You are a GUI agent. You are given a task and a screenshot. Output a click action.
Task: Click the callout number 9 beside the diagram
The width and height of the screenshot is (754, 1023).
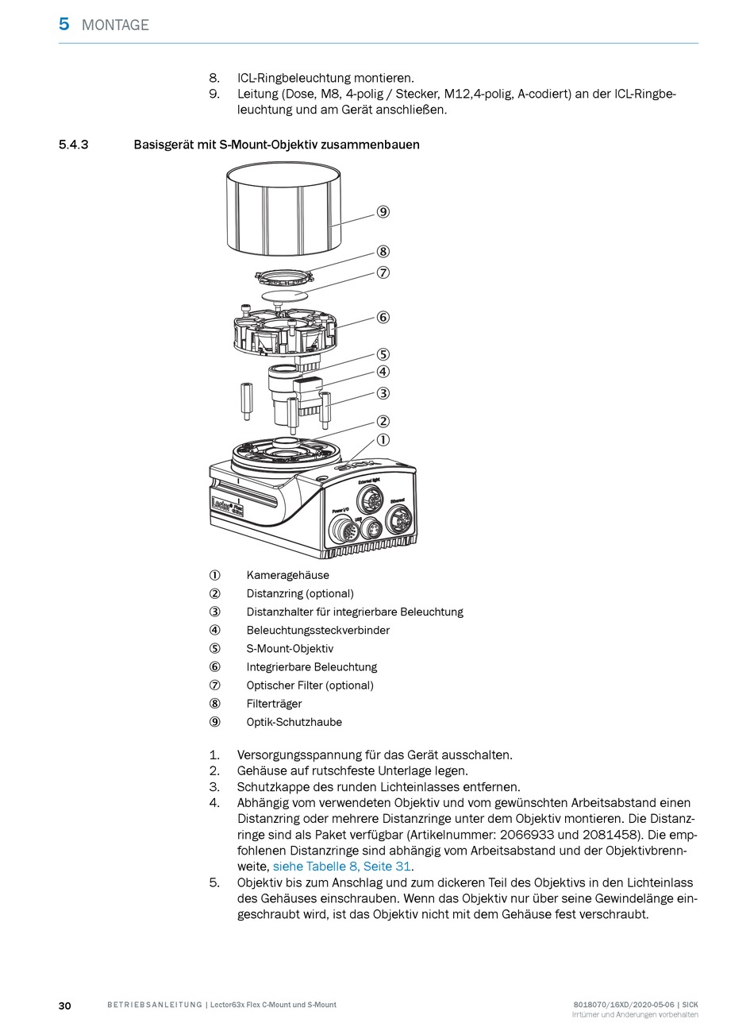click(x=383, y=212)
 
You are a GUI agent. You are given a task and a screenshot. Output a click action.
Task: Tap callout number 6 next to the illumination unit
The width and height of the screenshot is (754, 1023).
click(x=383, y=318)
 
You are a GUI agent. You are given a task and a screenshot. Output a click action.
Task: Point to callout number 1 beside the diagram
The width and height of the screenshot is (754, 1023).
click(x=383, y=440)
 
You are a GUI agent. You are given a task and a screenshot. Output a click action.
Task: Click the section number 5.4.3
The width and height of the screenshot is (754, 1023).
click(x=74, y=145)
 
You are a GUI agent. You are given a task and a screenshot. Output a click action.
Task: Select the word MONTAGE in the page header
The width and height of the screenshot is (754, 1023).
click(x=115, y=25)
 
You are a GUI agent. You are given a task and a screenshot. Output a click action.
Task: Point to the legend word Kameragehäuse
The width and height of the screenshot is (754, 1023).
click(x=287, y=575)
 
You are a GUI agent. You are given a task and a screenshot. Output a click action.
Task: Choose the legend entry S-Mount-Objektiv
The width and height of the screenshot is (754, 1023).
click(x=290, y=649)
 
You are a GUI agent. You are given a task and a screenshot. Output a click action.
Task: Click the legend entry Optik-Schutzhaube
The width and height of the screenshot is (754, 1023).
click(x=294, y=722)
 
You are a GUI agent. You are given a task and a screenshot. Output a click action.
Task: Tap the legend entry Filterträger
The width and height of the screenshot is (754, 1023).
click(x=274, y=704)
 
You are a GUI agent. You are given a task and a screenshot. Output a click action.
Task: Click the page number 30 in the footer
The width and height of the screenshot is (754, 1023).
click(x=65, y=1006)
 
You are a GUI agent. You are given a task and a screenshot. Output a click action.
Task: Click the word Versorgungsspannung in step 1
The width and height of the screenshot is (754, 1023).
click(x=300, y=755)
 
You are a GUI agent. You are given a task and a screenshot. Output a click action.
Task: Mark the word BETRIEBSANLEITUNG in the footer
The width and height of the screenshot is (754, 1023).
click(x=154, y=1006)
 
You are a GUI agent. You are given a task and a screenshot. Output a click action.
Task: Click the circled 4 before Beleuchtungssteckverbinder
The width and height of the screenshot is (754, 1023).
click(x=214, y=631)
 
